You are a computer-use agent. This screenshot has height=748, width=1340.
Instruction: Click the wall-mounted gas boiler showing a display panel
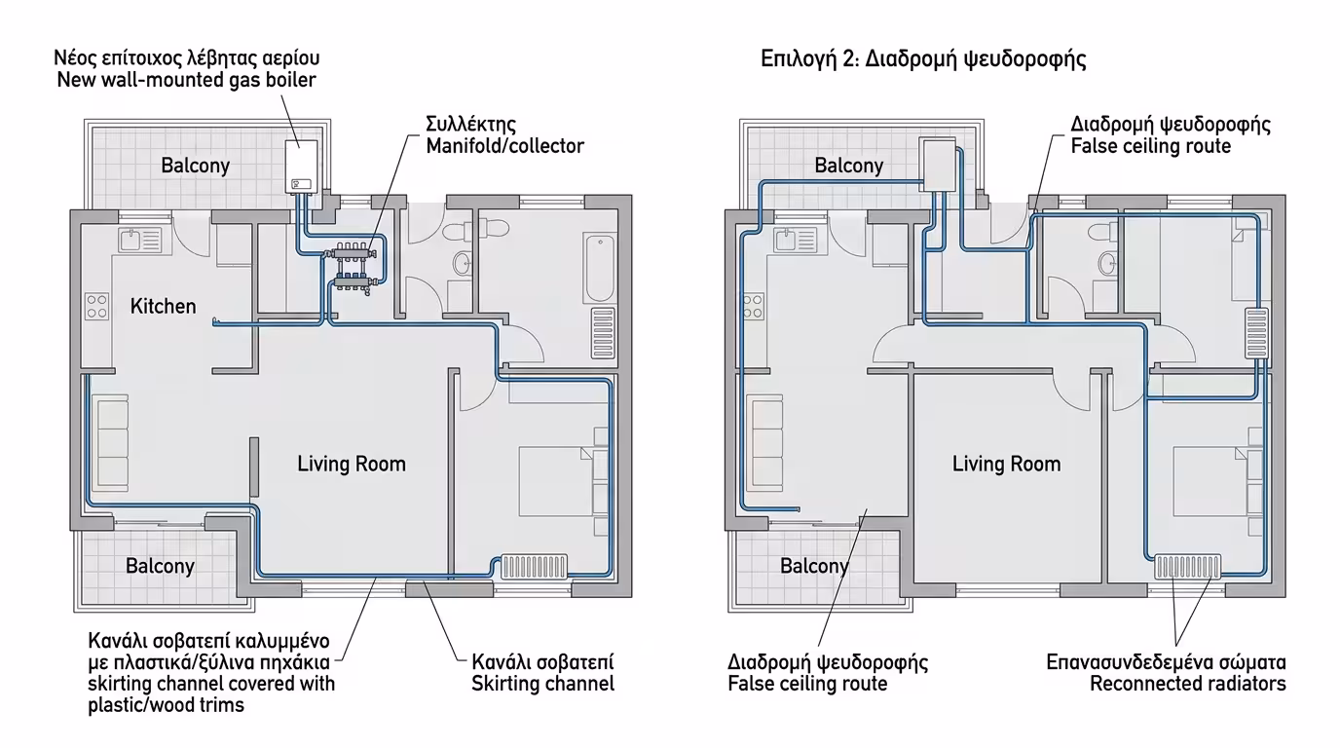tap(301, 167)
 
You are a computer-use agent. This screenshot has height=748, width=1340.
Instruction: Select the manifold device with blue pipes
tap(354, 267)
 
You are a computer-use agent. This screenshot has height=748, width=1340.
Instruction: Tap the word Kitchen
tap(164, 307)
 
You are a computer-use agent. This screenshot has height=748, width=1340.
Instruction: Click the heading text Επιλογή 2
tap(810, 59)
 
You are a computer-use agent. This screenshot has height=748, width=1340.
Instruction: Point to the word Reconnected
tap(1139, 684)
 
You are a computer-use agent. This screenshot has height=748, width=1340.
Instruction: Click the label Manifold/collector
tap(504, 146)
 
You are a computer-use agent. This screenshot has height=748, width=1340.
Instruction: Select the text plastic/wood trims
tap(167, 705)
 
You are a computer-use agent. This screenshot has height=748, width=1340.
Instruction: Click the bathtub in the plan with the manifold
tap(600, 268)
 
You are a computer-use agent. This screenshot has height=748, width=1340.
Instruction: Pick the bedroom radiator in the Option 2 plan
tap(1188, 567)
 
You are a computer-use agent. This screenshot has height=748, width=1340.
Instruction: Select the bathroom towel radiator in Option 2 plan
tap(1257, 333)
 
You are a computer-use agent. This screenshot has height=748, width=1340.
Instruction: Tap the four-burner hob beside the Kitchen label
tap(96, 307)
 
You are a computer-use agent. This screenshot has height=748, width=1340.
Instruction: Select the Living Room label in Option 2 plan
tap(1006, 464)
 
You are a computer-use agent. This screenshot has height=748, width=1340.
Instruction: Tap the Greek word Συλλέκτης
tap(470, 125)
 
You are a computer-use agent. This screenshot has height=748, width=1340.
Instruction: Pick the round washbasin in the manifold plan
tap(462, 263)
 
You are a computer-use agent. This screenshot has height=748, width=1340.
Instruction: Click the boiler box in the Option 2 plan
tap(938, 166)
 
